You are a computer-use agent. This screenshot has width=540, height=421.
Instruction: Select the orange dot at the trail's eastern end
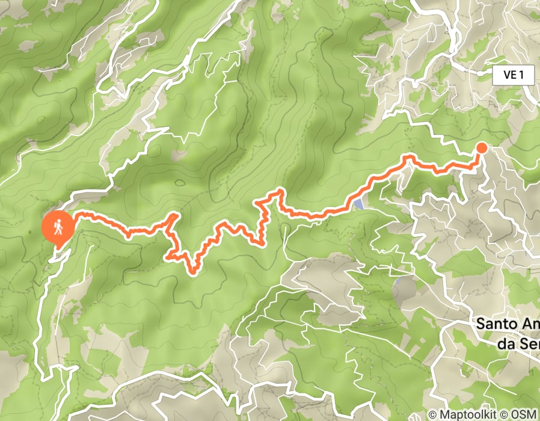click(482, 148)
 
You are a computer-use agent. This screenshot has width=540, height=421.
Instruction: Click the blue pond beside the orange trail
click(358, 204)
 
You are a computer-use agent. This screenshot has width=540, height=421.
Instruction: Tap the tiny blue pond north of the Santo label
click(397, 280)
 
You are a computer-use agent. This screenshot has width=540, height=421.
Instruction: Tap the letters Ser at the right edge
click(530, 343)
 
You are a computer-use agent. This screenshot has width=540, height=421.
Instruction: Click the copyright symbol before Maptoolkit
click(433, 414)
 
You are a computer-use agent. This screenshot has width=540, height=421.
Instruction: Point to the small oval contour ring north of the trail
click(179, 182)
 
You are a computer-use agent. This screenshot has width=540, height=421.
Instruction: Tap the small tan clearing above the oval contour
click(179, 156)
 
